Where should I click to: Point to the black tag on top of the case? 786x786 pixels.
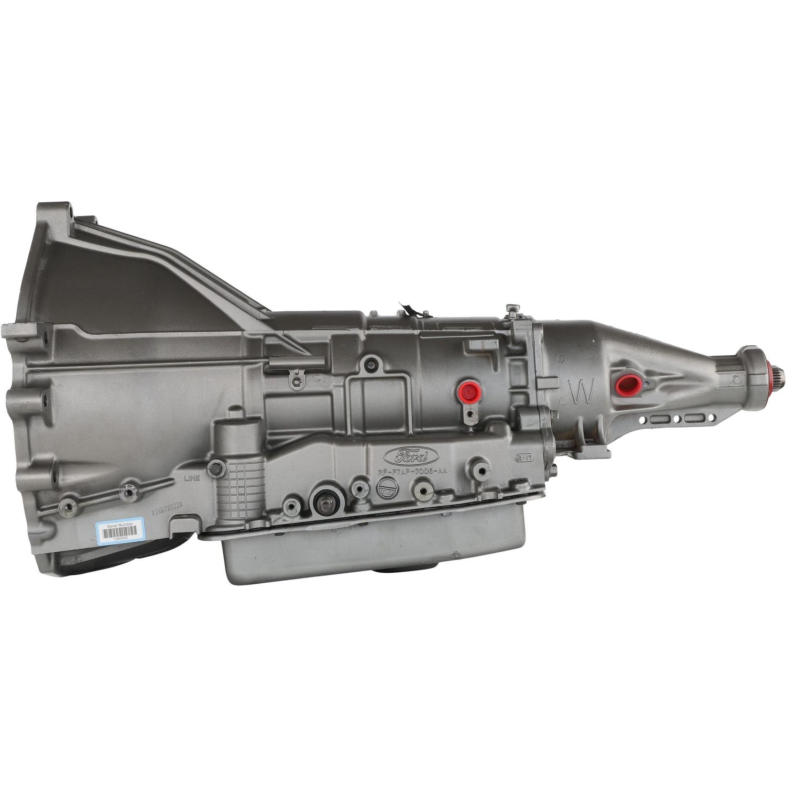(x=411, y=309)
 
